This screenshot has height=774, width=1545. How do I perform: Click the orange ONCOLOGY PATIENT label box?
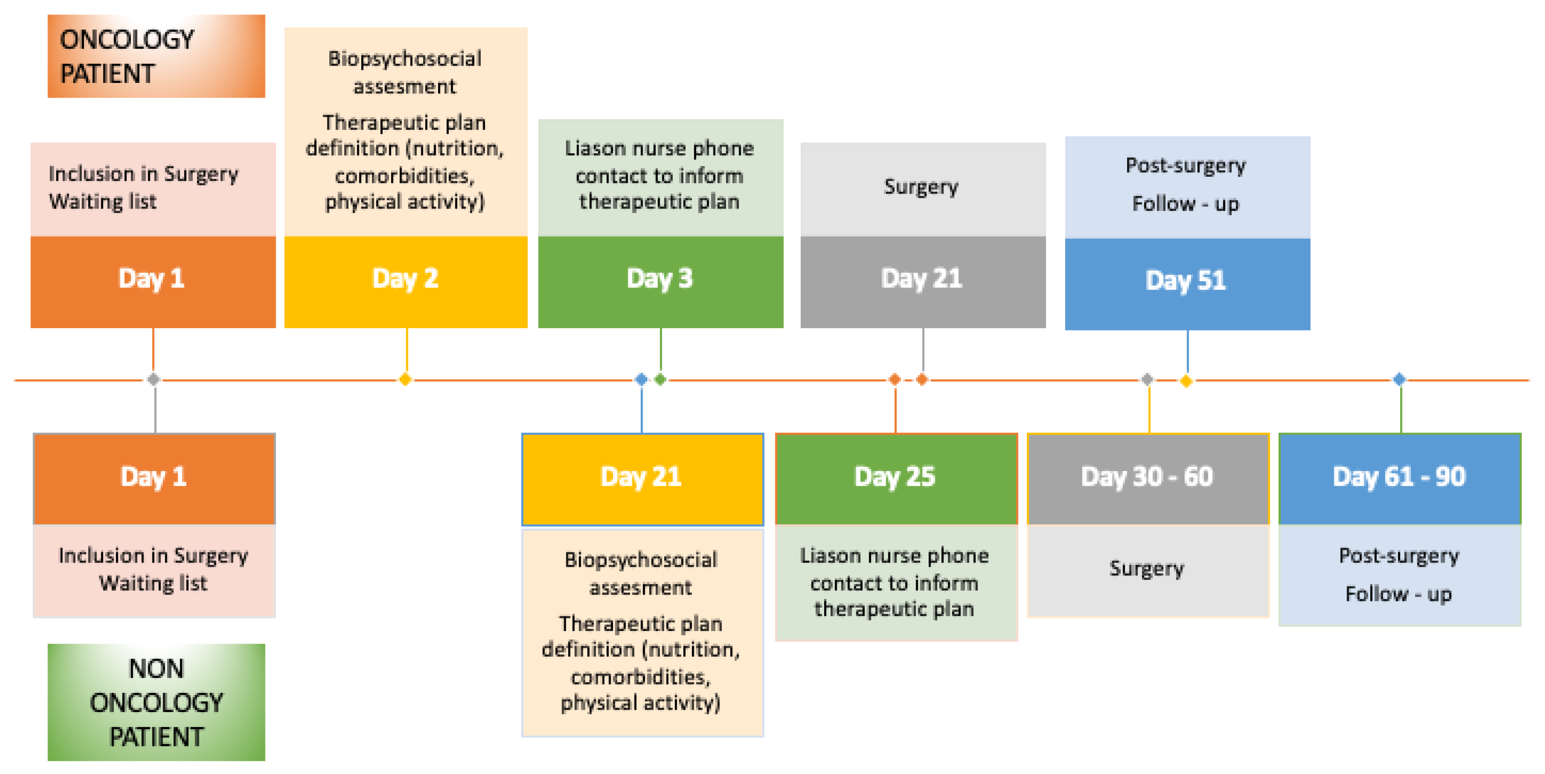pos(156,56)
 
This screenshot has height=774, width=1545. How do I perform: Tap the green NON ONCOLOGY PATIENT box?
pos(156,702)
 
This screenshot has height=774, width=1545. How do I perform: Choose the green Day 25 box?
pos(896,478)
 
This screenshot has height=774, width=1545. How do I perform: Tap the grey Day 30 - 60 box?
pos(1148,478)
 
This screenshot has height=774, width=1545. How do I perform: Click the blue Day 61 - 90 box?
pos(1399,478)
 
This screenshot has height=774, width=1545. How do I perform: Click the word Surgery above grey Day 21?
pos(921,187)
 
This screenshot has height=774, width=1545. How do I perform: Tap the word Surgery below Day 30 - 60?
pos(1147,568)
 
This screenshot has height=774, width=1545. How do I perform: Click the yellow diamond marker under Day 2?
pos(405,380)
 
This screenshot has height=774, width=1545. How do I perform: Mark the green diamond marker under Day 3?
pos(660,380)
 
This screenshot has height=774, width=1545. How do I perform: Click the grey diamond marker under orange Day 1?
pos(153,380)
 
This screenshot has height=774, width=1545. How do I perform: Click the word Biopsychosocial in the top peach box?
pos(405,59)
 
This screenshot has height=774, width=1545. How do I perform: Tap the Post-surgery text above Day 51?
pos(1186,165)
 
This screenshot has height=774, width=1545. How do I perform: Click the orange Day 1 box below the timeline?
pos(154,478)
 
